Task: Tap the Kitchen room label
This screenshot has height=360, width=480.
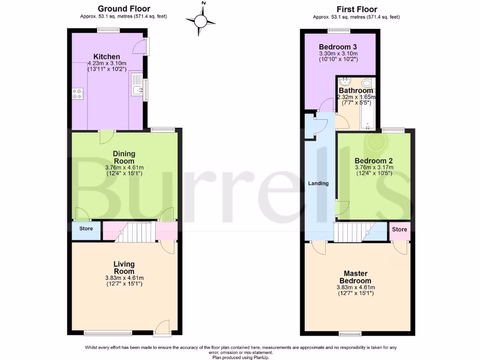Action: [x=107, y=57]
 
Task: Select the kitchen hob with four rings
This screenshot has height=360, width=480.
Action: [x=78, y=94]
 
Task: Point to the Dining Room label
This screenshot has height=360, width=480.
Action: [x=124, y=157]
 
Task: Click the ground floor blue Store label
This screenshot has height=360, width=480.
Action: [x=86, y=229]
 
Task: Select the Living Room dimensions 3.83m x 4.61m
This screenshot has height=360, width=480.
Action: [x=124, y=278]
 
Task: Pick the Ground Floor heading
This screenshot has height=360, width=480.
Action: [x=124, y=9]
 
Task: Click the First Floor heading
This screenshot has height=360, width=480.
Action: [x=356, y=9]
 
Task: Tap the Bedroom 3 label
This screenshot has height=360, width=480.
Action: [x=338, y=47]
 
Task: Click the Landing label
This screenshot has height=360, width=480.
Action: [x=318, y=183]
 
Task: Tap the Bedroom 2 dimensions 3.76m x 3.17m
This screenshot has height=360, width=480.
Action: [x=374, y=167]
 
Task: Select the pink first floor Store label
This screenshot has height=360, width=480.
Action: [x=399, y=229]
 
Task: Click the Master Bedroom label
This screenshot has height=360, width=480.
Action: [x=355, y=277]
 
